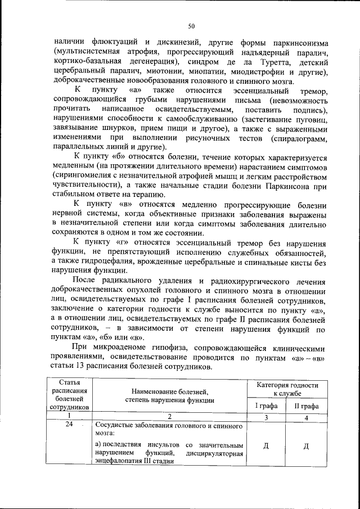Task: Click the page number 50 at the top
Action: coord(191,25)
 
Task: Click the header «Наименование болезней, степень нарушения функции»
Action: coord(170,396)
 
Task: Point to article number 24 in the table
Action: coord(69,426)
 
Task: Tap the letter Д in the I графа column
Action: coord(266,447)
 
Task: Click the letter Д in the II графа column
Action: coord(306,447)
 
